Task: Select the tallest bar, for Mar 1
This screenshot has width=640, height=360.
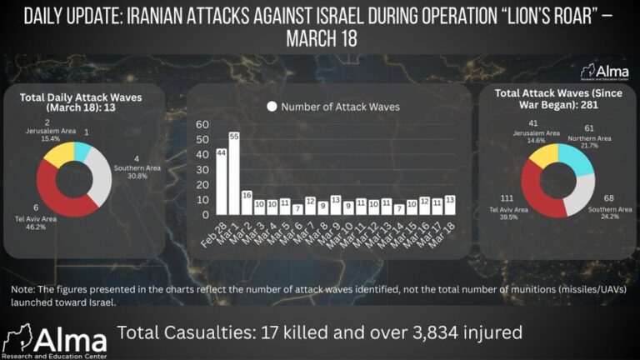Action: pyautogui.click(x=234, y=175)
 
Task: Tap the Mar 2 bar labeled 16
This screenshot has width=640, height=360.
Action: pyautogui.click(x=247, y=205)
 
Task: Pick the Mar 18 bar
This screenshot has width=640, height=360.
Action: pyautogui.click(x=450, y=207)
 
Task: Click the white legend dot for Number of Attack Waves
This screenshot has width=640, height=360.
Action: pyautogui.click(x=271, y=107)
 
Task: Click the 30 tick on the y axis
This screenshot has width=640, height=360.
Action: pyautogui.click(x=202, y=170)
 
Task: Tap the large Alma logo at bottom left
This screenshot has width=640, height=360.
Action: pyautogui.click(x=54, y=339)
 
